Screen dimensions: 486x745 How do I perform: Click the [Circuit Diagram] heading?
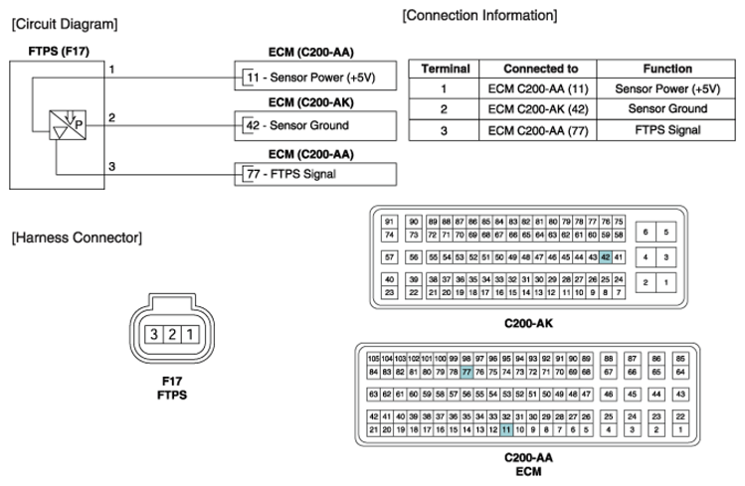tap(63, 23)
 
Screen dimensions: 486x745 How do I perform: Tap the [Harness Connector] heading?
tap(76, 238)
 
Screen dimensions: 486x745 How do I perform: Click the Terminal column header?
tap(445, 69)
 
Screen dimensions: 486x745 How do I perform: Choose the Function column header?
tap(666, 69)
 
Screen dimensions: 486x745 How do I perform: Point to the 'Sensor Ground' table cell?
tap(666, 108)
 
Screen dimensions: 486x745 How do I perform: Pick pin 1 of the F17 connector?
tap(189, 335)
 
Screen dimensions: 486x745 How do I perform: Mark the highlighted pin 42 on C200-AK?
tap(606, 256)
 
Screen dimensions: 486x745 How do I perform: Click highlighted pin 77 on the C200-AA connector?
tap(466, 372)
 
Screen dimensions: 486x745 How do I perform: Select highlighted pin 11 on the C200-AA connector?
tap(506, 429)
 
